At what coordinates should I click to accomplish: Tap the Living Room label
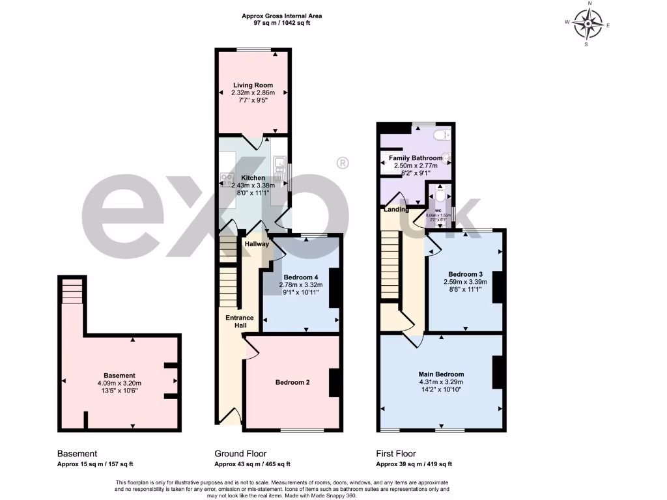[253, 85]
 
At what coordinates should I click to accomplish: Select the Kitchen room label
[253, 178]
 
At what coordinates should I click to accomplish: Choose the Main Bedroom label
[441, 374]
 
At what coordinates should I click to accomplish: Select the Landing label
[396, 210]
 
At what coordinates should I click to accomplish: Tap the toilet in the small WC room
[441, 195]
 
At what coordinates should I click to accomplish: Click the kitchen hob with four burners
[229, 176]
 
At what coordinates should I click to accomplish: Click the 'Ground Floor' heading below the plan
[240, 454]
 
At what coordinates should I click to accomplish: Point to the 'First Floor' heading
[396, 454]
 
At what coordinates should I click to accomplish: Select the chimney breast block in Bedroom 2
[334, 383]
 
